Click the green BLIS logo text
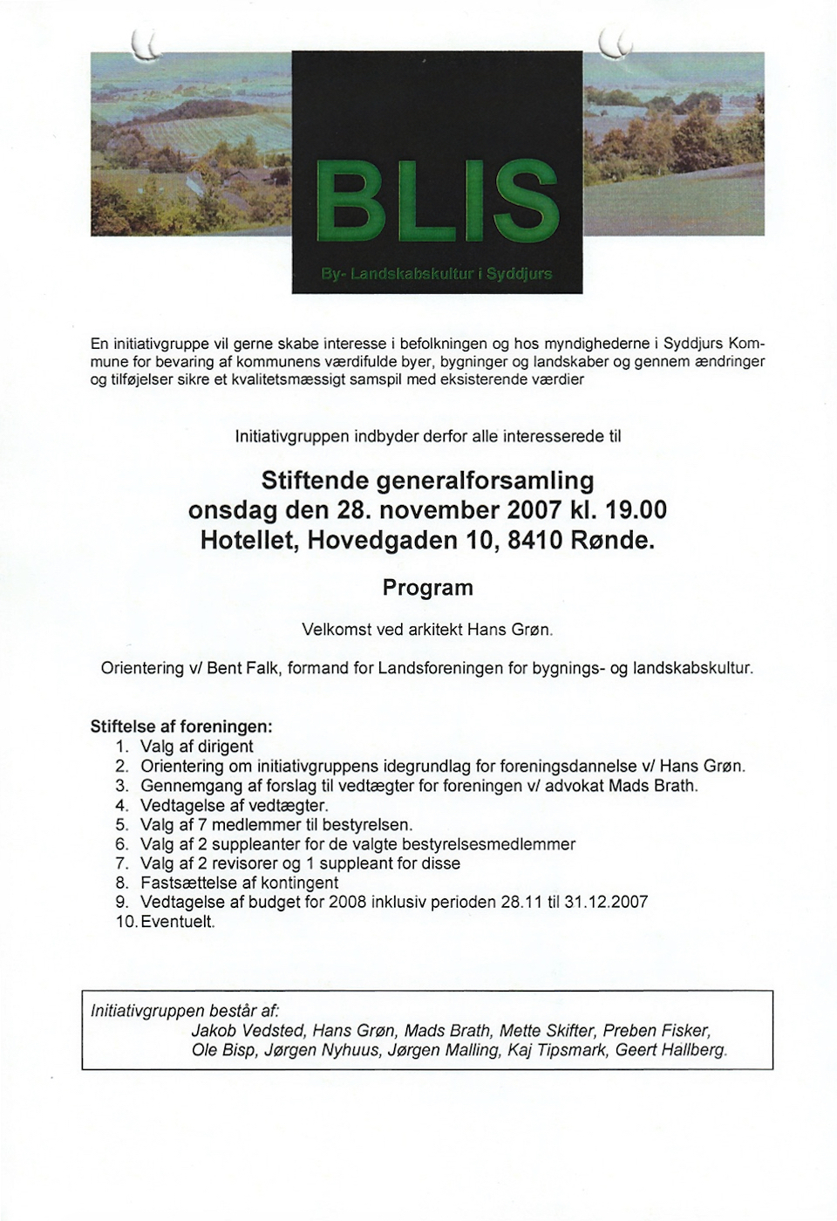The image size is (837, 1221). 436,202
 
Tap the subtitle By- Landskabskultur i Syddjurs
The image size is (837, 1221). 436,274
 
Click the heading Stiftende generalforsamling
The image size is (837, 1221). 427,481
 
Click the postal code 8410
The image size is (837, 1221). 533,540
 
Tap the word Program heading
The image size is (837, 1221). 427,588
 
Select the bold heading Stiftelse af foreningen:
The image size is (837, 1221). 182,726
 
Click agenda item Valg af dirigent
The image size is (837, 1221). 197,747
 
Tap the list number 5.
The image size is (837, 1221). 122,824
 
